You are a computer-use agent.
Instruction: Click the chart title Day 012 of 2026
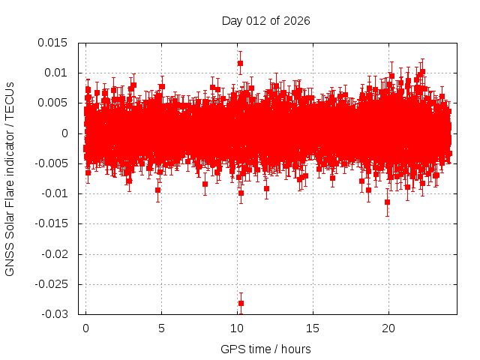coord(265,20)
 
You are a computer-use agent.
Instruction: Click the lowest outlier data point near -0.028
coord(241,303)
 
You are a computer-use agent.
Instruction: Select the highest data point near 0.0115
coord(240,63)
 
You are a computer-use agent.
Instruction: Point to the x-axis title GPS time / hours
coord(265,349)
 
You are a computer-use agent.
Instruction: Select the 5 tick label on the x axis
coord(161,328)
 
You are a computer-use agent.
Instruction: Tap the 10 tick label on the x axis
coord(237,328)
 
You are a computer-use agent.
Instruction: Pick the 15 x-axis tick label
coord(313,328)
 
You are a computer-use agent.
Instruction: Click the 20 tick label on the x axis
coord(388,328)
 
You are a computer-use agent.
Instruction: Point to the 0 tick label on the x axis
coord(85,328)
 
